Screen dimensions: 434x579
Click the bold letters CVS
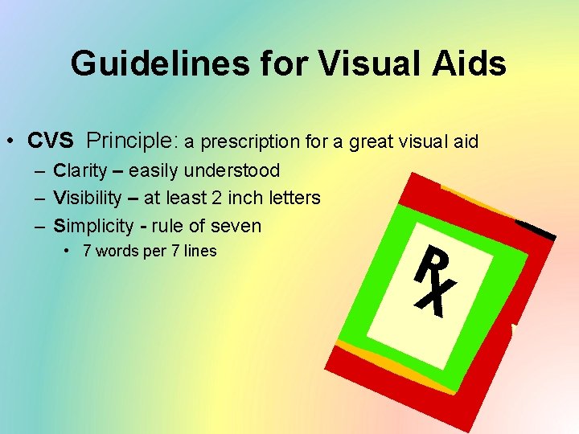[51, 142]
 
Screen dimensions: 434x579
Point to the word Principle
[131, 142]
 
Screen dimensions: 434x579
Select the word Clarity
[80, 170]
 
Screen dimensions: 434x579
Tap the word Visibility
[88, 198]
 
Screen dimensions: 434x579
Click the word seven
[236, 226]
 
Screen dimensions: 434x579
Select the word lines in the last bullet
[200, 251]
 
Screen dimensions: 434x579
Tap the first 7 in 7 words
[87, 251]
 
